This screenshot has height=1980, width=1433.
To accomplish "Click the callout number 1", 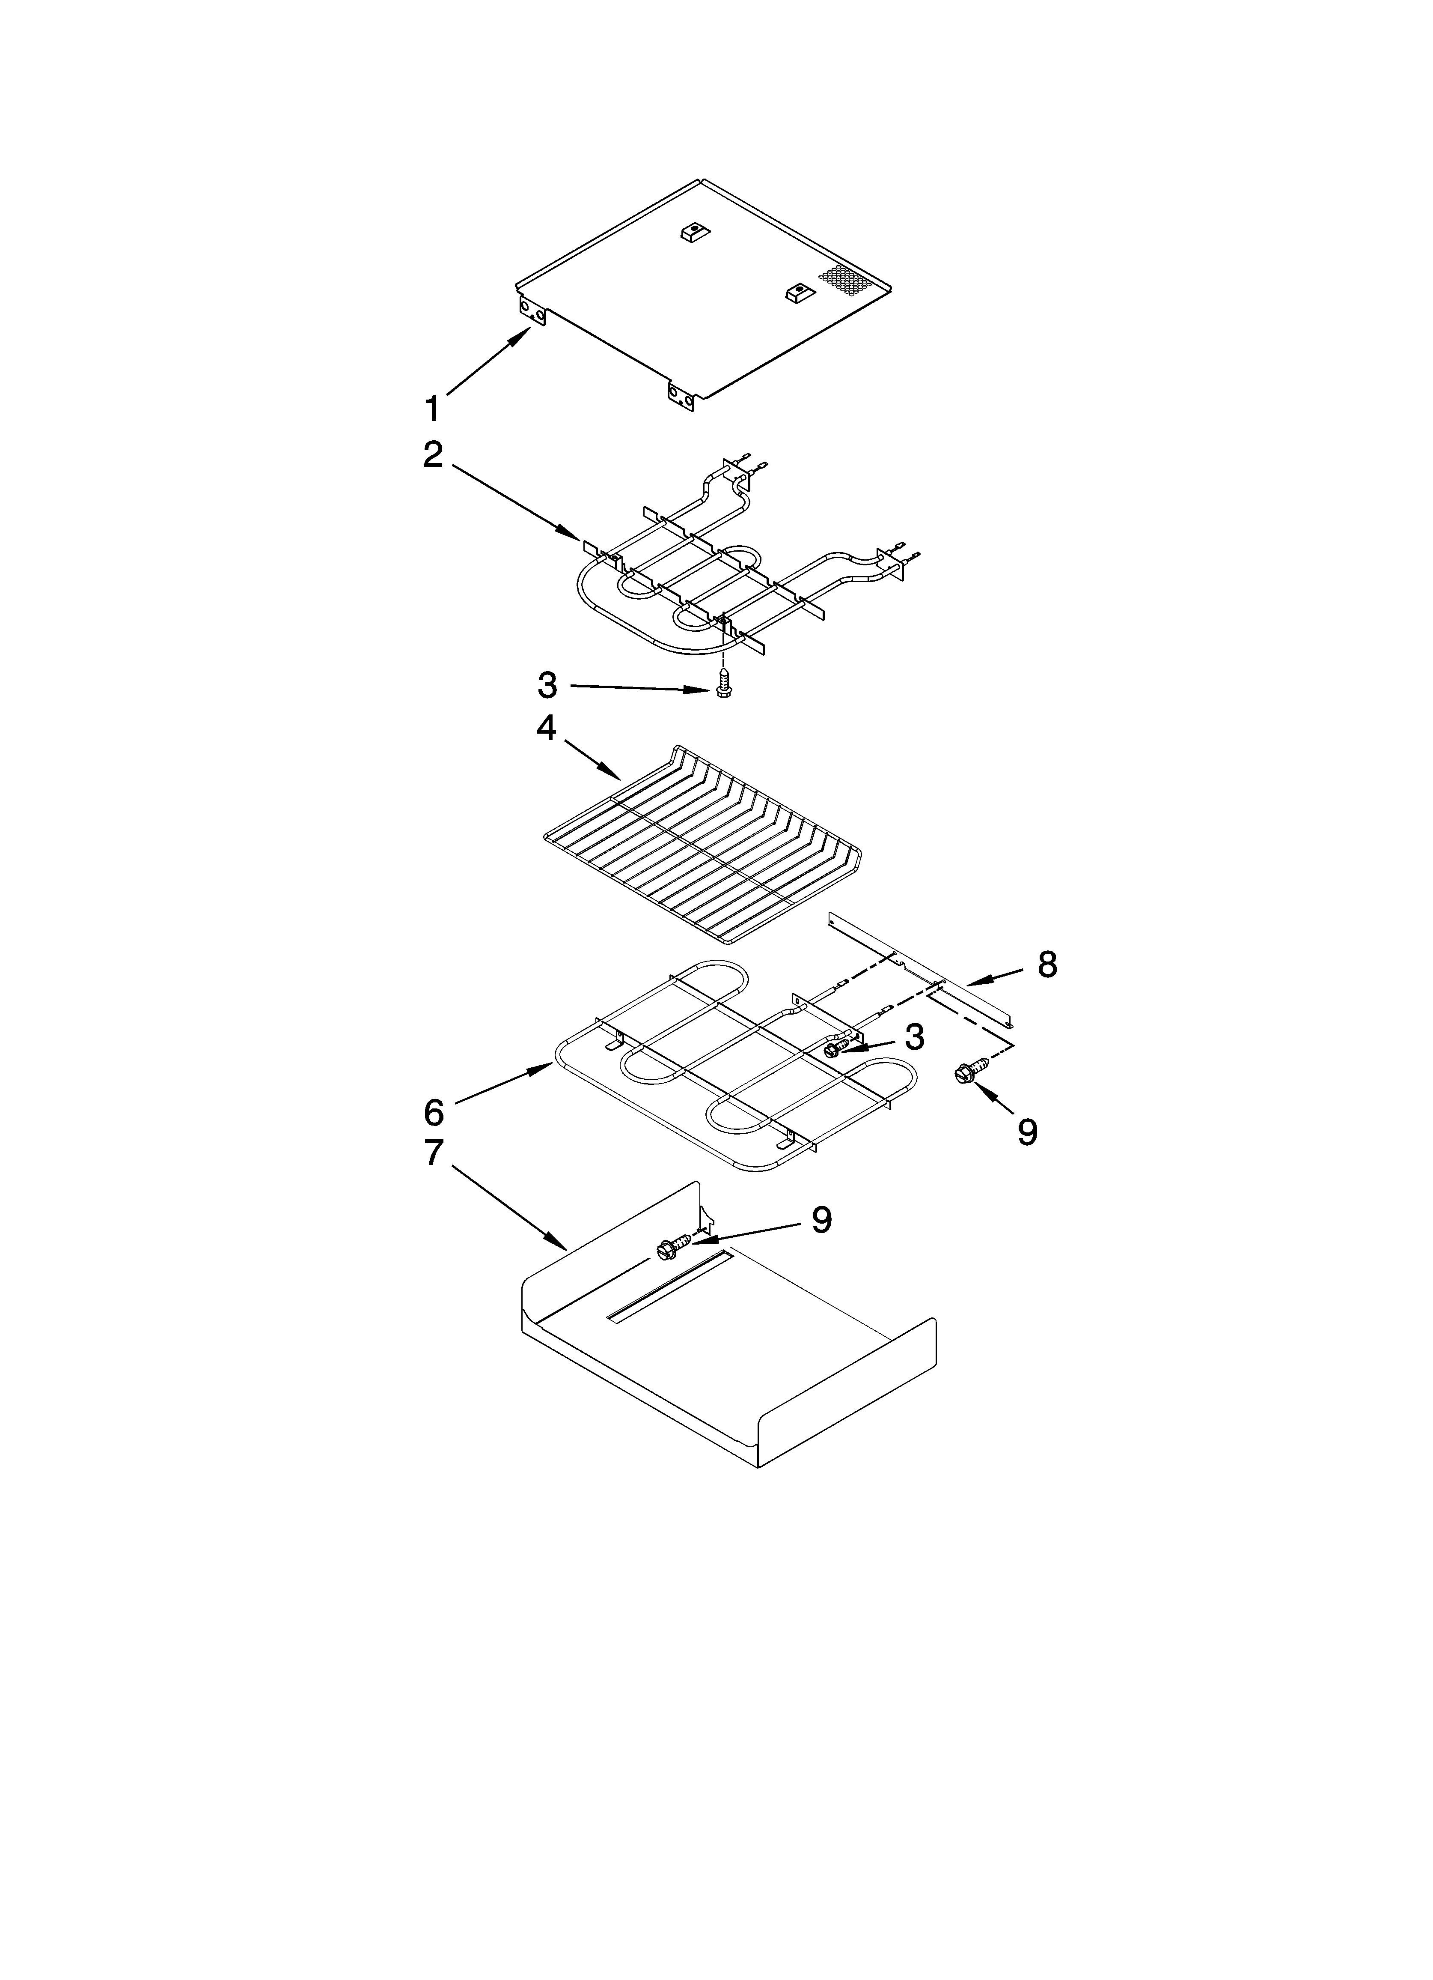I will point(431,408).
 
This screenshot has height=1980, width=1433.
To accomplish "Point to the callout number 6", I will point(434,1112).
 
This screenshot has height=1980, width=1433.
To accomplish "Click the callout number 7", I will point(434,1153).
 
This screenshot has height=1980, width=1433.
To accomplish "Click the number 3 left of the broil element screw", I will point(547,686).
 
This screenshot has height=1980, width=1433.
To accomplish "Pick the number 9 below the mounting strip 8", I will point(1027,1132).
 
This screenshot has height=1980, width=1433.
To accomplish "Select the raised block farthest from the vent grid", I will point(692,233).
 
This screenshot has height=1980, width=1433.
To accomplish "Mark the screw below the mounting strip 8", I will point(971,1071).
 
